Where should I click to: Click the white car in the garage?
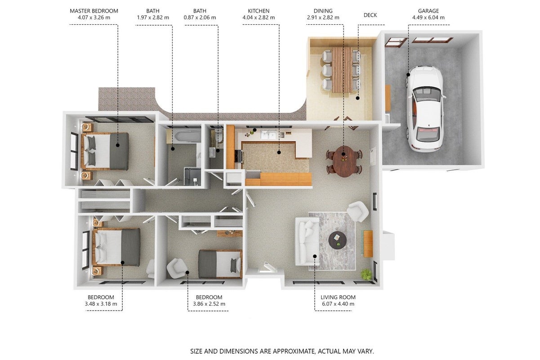point(425,108)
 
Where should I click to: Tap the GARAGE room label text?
point(428,11)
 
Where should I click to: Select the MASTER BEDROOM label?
point(94,11)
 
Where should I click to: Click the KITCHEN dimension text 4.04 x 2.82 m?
point(259,18)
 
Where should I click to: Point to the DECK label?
point(370,15)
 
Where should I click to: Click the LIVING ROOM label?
point(338,297)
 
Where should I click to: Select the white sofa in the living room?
point(308,241)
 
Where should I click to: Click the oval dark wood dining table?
point(344,161)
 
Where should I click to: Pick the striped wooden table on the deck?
point(342,69)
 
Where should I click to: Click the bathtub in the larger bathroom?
point(187,136)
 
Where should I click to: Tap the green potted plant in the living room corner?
point(366,274)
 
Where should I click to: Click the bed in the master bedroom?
point(105,151)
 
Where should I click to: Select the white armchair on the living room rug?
point(358,211)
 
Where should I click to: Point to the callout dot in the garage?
point(408,75)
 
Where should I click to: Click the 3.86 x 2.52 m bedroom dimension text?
point(209,304)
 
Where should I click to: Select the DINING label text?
point(323,11)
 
